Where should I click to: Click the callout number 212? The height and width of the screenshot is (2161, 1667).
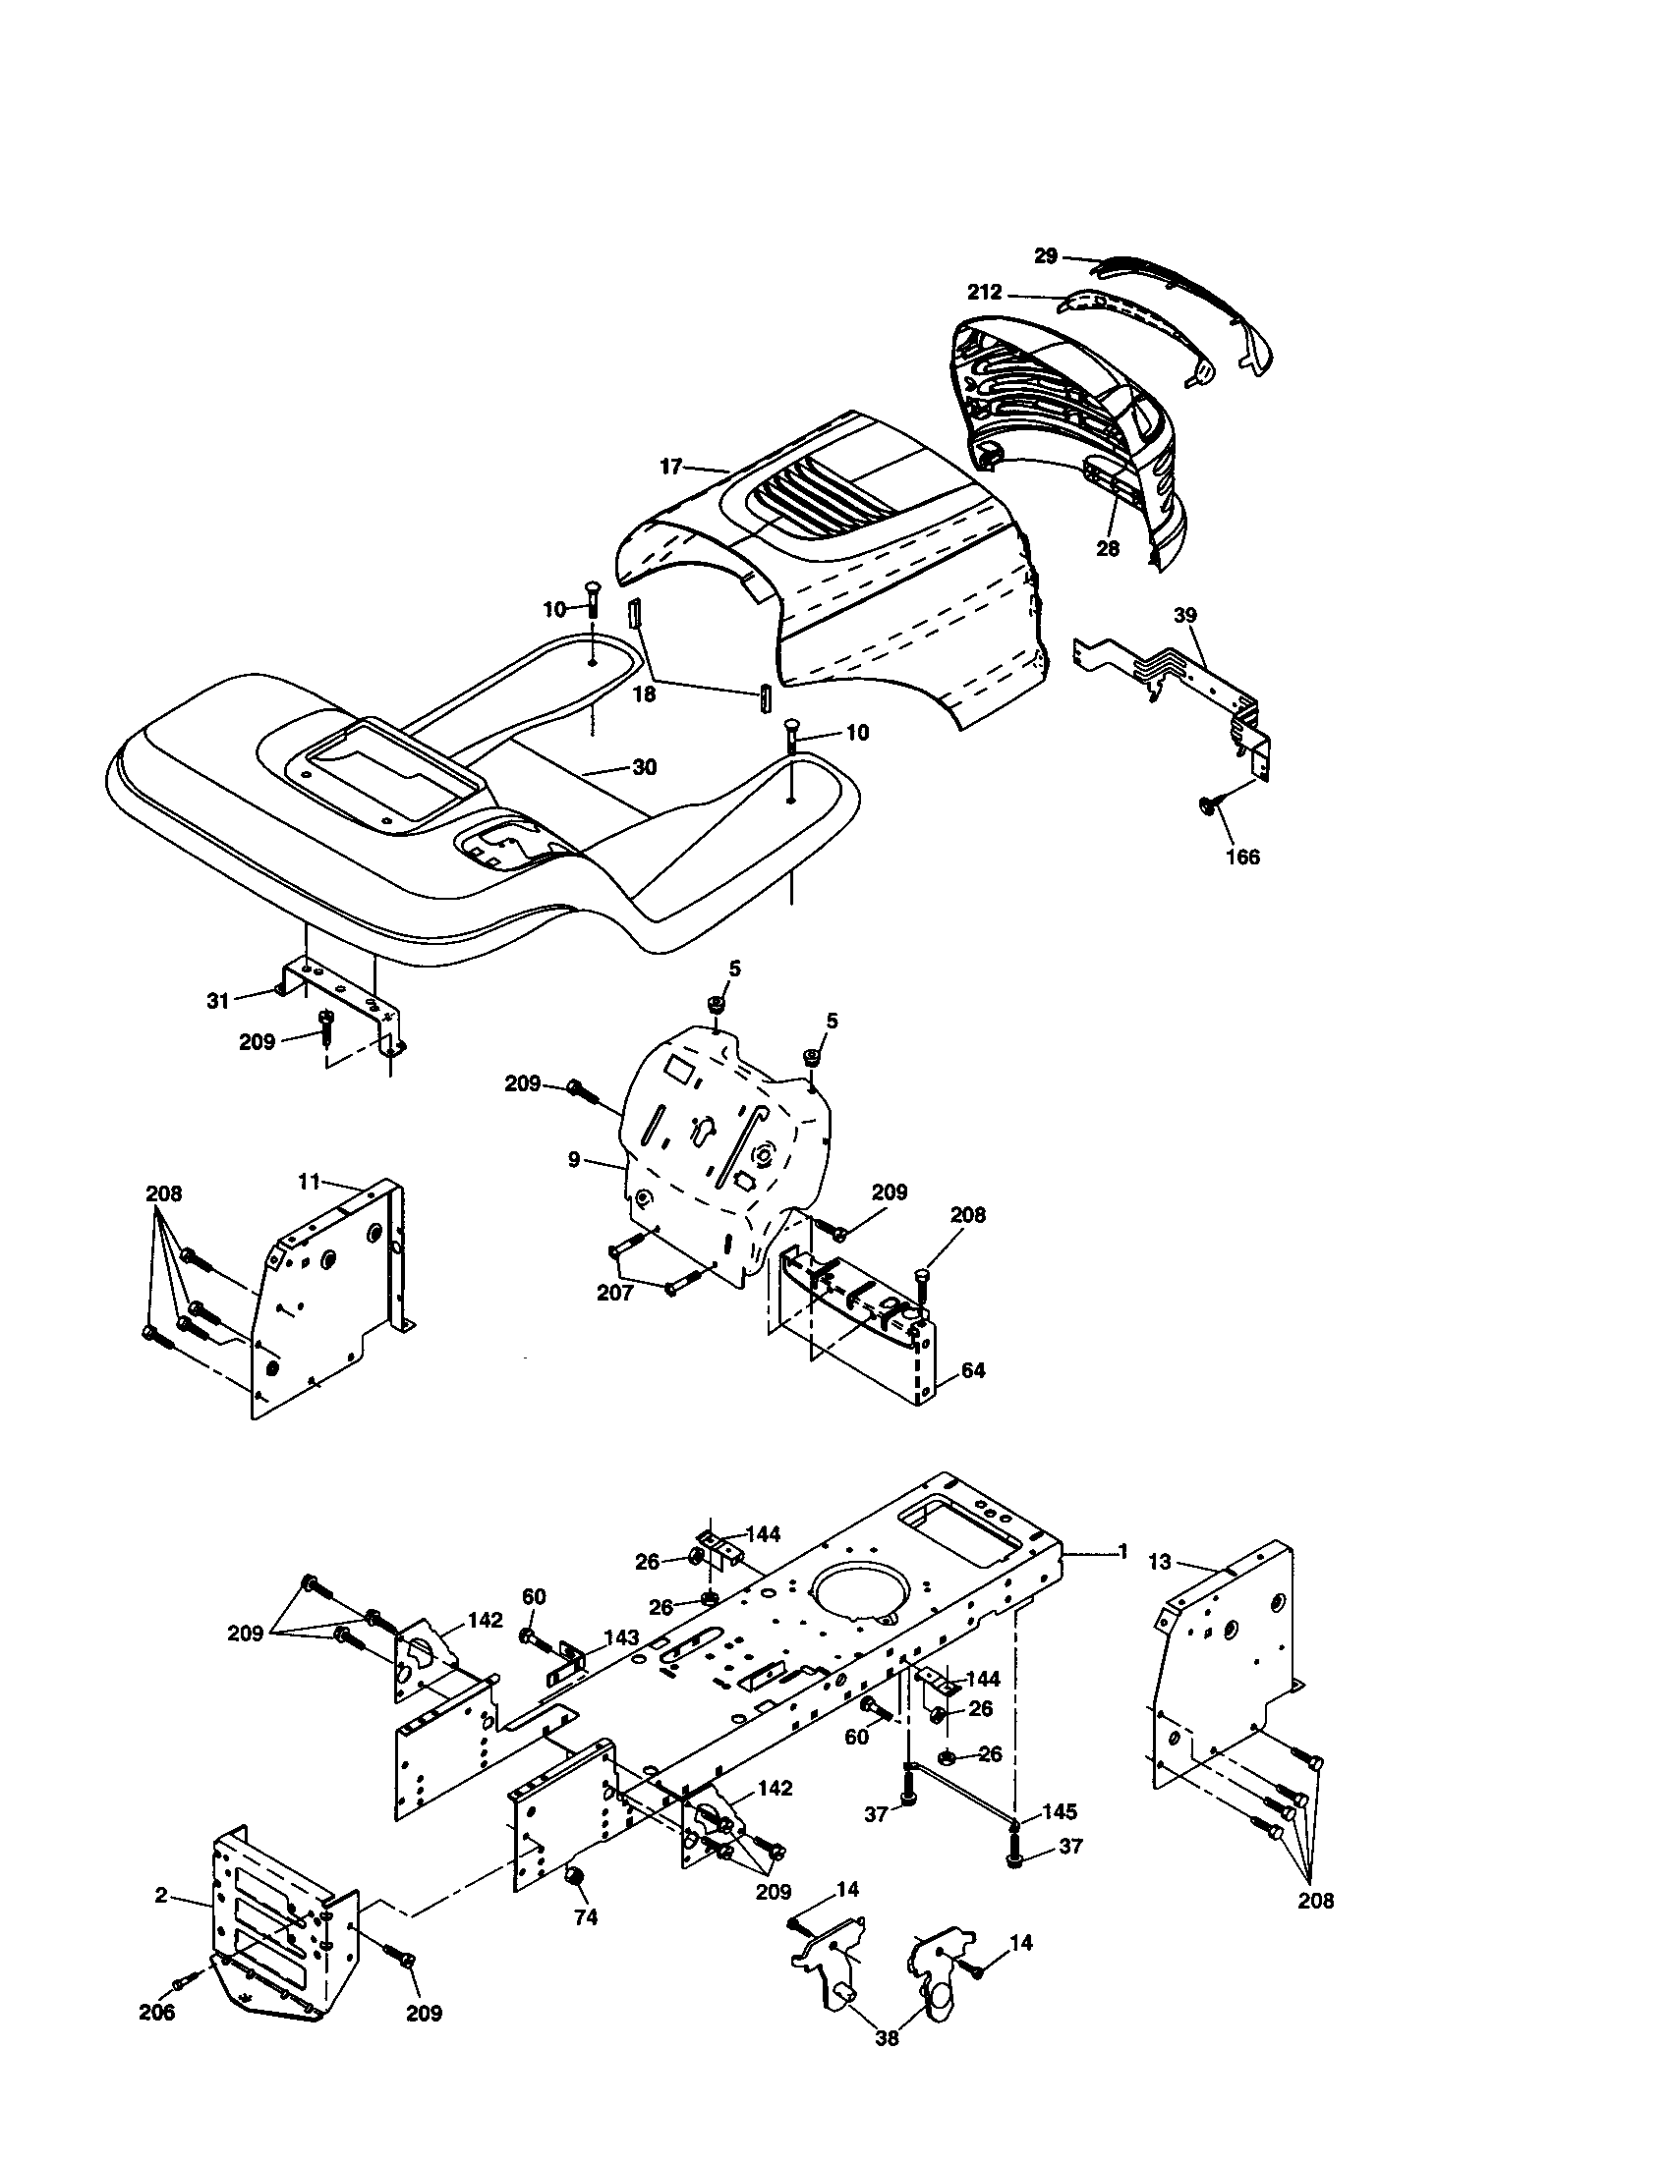[985, 292]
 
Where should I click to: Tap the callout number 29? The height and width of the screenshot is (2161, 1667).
[1047, 255]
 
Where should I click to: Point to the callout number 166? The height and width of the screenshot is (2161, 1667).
[1242, 856]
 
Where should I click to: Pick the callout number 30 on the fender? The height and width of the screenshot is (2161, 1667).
[644, 767]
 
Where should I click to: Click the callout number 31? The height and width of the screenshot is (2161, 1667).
[218, 1000]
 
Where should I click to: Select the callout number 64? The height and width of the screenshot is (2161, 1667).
[973, 1370]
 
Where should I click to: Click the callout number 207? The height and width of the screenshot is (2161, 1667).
[614, 1293]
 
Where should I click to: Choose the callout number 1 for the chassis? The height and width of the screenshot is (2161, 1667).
[1122, 1552]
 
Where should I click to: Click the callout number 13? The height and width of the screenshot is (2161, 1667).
[1159, 1563]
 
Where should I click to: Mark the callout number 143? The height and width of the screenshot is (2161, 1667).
[620, 1637]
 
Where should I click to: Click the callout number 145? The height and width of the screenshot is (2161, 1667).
[1059, 1811]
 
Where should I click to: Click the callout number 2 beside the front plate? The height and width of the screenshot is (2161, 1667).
[160, 1895]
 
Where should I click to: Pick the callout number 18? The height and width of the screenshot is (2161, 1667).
[644, 693]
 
